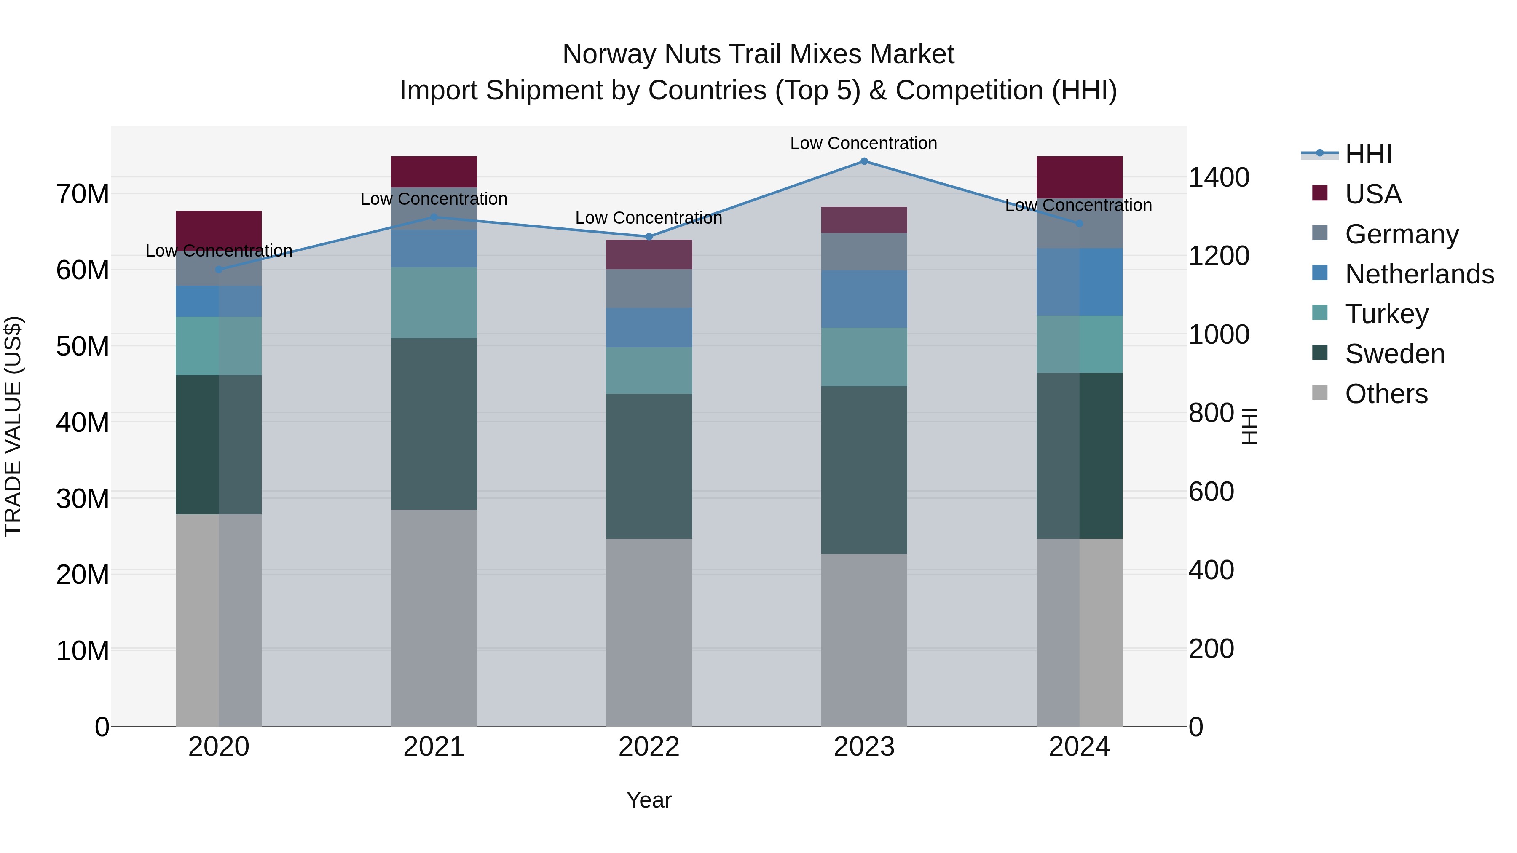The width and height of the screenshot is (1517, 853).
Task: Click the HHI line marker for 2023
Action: [864, 161]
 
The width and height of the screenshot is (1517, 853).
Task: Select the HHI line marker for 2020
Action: [219, 270]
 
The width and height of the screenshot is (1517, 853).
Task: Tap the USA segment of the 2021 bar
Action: [434, 172]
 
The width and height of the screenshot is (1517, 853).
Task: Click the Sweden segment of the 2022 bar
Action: [649, 466]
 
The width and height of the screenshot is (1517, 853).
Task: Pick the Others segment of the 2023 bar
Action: [864, 640]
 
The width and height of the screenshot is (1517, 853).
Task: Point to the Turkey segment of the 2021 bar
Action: [434, 303]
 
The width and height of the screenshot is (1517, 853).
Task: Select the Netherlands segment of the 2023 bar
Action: [864, 299]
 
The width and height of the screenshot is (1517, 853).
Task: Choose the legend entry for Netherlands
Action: [1419, 274]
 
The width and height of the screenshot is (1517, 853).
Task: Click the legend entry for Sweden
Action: [1394, 354]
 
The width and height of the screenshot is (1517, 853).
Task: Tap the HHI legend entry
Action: [1368, 154]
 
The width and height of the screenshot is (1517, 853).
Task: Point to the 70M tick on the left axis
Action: [83, 194]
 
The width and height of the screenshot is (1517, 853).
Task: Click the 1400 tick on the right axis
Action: [1218, 177]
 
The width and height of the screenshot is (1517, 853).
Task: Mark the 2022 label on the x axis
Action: [649, 747]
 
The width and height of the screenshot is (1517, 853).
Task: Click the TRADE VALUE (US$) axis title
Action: [13, 426]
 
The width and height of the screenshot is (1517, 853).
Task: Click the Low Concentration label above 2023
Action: [863, 143]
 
